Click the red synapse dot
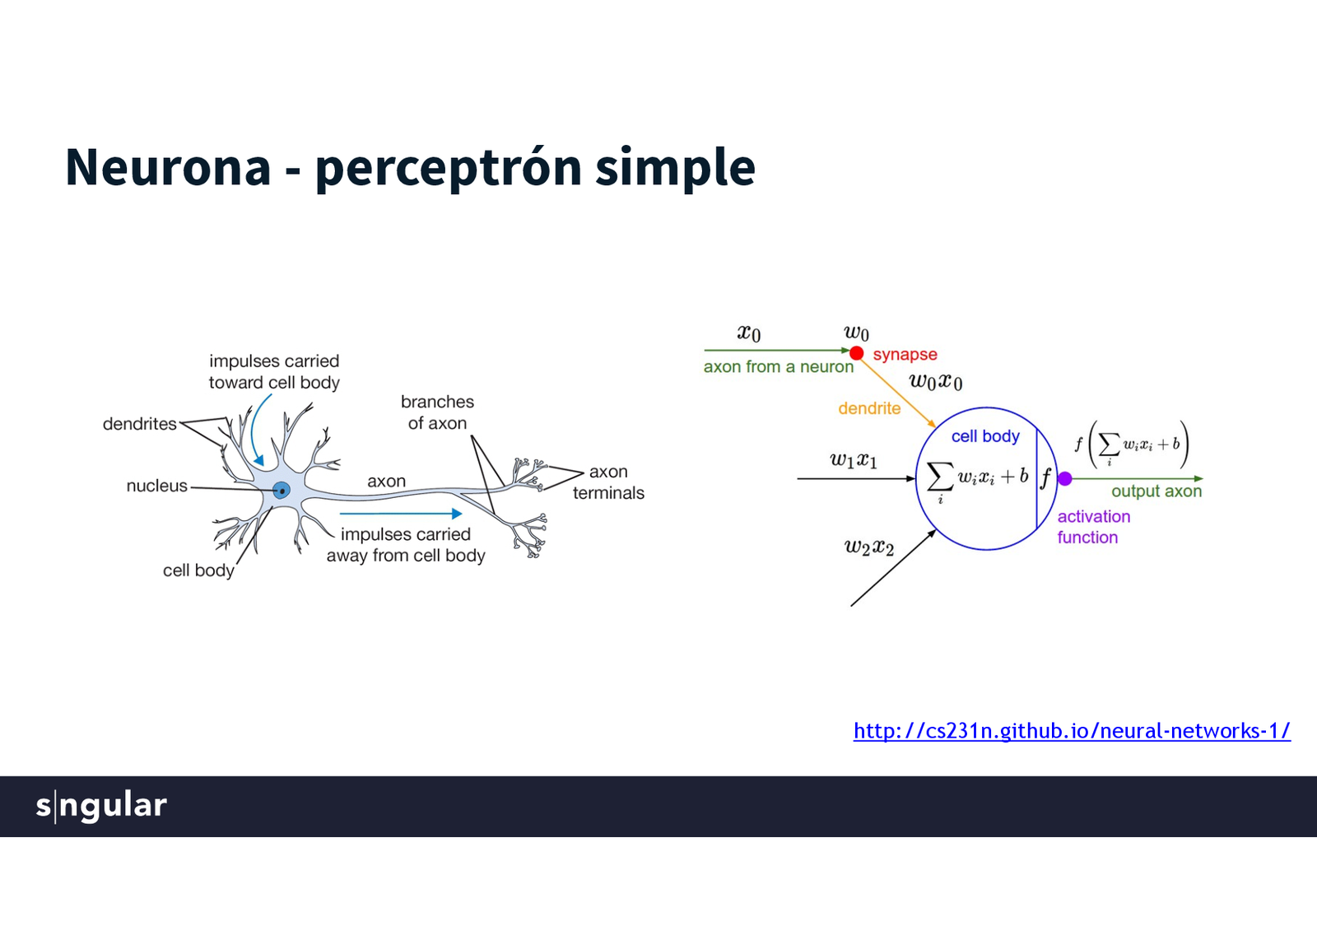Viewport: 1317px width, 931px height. coord(856,353)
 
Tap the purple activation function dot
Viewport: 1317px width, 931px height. coord(1064,478)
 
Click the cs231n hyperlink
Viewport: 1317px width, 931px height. coord(1072,731)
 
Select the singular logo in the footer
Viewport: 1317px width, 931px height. coord(101,805)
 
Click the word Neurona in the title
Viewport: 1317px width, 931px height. coord(168,167)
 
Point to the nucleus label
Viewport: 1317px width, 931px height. coord(156,486)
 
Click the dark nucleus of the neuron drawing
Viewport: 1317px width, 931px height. coord(282,491)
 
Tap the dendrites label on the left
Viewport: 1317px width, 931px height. coord(139,424)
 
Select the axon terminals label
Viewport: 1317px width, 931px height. coord(608,482)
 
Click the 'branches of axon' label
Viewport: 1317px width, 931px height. coord(437,412)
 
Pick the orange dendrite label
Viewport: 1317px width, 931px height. coord(869,408)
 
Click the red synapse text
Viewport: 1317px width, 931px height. coord(905,355)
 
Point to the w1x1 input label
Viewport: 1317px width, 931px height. coord(854,460)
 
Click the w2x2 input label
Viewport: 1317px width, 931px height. coord(869,547)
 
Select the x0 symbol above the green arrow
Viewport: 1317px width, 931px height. coord(748,333)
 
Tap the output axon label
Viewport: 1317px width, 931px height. coord(1156,491)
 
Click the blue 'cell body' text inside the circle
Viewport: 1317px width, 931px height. coord(985,436)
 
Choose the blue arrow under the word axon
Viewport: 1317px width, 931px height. coord(401,514)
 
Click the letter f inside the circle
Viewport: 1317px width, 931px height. coord(1045,477)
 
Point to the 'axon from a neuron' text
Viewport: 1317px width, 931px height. coord(778,367)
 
